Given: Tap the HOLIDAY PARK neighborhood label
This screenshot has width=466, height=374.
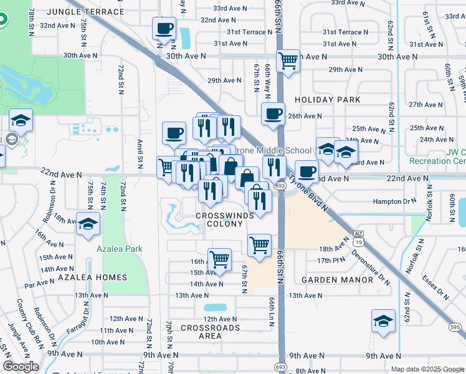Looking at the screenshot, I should [x=328, y=100].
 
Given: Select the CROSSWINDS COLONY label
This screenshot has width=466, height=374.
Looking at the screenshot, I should [x=224, y=219].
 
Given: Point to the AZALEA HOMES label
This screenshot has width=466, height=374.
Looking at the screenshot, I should [x=92, y=277].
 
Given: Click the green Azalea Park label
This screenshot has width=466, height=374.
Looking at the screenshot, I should [x=119, y=249].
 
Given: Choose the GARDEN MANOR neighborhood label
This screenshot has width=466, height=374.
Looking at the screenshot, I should [x=337, y=280].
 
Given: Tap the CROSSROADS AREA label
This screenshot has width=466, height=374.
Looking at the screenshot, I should [x=210, y=332].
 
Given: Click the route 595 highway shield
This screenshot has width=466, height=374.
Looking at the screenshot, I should [x=455, y=327].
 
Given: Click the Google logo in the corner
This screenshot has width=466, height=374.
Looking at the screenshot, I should [x=21, y=367].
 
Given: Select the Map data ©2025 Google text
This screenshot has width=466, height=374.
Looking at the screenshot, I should [x=427, y=369].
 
